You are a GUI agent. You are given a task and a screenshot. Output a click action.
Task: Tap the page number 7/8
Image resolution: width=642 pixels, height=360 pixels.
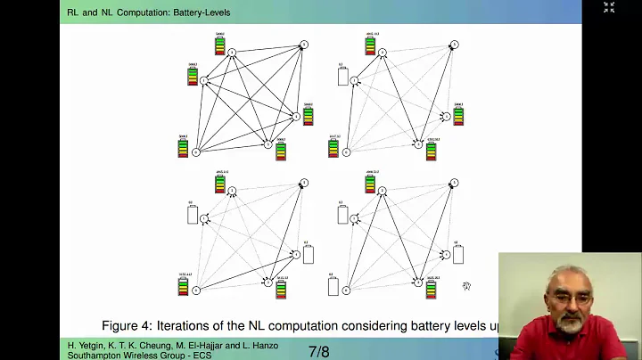tap(318, 351)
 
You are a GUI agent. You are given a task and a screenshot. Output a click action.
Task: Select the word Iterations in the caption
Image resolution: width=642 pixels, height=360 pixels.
tap(188, 325)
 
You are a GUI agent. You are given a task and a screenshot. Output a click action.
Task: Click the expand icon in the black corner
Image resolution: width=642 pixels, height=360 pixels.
tap(609, 7)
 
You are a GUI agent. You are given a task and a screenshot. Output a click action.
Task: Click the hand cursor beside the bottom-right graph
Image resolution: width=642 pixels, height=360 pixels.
tap(466, 286)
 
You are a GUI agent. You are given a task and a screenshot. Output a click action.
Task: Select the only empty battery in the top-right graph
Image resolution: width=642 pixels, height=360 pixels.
tap(342, 77)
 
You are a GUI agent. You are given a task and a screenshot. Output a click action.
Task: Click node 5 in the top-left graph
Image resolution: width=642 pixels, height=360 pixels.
tap(303, 45)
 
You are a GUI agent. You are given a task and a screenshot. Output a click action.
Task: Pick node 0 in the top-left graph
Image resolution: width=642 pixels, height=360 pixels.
tap(196, 151)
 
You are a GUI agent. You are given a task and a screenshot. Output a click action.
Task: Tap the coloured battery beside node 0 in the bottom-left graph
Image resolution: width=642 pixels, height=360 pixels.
tap(184, 285)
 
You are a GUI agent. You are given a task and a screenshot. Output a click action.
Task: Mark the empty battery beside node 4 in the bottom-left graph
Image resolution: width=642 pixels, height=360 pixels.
tap(309, 255)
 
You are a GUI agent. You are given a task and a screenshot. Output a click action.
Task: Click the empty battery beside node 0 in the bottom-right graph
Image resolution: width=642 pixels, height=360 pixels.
tap(333, 286)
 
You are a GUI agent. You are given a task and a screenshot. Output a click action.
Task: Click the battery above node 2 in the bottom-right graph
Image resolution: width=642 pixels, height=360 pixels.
tap(370, 183)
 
